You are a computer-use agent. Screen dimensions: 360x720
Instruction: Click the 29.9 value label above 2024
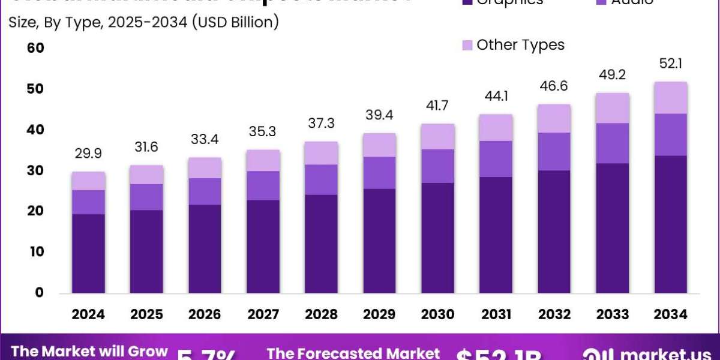pyautogui.click(x=89, y=154)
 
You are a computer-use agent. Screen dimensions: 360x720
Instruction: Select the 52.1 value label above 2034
pyautogui.click(x=671, y=64)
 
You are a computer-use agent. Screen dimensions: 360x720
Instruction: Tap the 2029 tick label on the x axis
pyautogui.click(x=380, y=314)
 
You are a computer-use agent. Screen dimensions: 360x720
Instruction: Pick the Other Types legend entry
pyautogui.click(x=513, y=45)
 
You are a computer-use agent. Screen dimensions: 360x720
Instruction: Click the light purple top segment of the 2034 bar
pyautogui.click(x=671, y=98)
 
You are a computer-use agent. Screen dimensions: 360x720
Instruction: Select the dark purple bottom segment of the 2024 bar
pyautogui.click(x=89, y=253)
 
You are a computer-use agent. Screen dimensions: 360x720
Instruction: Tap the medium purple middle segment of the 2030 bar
pyautogui.click(x=438, y=166)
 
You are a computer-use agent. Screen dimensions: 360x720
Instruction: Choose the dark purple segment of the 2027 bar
pyautogui.click(x=263, y=246)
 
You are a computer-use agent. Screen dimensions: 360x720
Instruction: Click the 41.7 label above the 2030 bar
pyautogui.click(x=438, y=106)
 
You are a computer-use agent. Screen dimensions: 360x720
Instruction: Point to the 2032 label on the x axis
pyautogui.click(x=554, y=314)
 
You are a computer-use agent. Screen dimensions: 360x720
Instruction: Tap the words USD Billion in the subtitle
pyautogui.click(x=234, y=23)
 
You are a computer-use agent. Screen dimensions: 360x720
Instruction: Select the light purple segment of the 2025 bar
pyautogui.click(x=147, y=175)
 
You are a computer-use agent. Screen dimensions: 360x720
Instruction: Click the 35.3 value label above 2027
pyautogui.click(x=263, y=132)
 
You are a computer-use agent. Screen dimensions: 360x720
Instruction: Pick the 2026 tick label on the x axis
pyautogui.click(x=205, y=314)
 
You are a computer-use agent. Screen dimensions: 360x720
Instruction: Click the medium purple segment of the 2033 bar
pyautogui.click(x=613, y=143)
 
